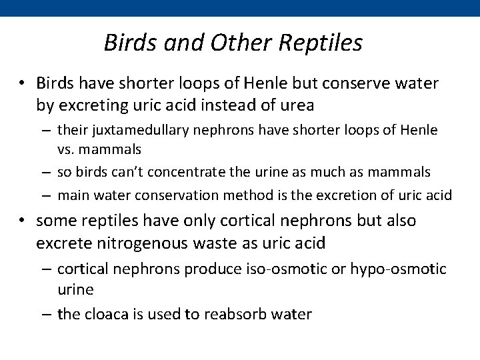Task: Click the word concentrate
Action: [190, 172]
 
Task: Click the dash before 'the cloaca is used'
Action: [47, 313]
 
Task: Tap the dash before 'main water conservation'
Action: [47, 195]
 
